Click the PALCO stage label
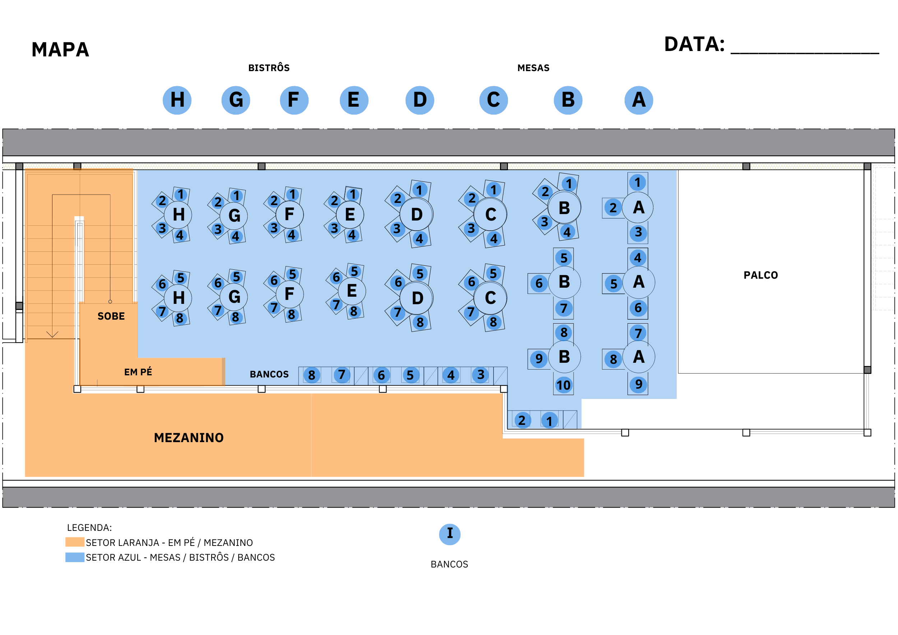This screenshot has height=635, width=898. click(760, 275)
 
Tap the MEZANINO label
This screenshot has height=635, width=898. click(189, 437)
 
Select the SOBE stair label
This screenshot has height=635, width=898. click(111, 316)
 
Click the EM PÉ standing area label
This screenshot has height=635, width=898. click(138, 372)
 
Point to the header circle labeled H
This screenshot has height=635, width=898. click(177, 100)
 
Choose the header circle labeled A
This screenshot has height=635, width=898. click(639, 100)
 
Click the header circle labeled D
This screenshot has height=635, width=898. click(420, 100)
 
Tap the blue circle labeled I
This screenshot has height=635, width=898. click(450, 534)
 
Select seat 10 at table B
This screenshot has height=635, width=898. click(563, 385)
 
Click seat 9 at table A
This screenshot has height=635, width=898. click(638, 384)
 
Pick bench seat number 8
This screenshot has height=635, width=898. click(312, 375)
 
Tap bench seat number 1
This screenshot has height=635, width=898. click(550, 421)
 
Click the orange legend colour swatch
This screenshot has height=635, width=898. click(75, 542)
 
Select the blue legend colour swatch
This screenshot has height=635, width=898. click(75, 557)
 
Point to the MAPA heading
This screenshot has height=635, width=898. click(60, 50)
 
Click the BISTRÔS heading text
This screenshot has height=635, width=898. click(269, 68)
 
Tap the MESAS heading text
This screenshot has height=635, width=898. click(533, 68)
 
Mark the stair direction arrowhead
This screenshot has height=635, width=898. click(52, 335)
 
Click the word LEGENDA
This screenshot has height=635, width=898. click(89, 528)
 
